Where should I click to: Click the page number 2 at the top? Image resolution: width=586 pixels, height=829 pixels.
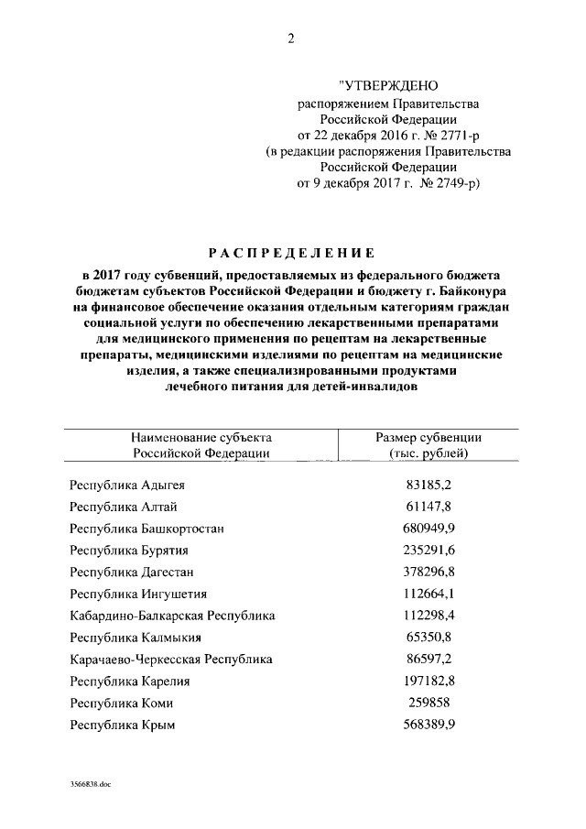point(292,38)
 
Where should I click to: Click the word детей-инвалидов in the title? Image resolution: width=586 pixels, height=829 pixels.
point(369,387)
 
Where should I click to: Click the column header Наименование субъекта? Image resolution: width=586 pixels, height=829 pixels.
point(201,437)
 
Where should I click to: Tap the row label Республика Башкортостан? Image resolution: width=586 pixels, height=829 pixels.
point(147,529)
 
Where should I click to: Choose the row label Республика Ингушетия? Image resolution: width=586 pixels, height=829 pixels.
point(138,594)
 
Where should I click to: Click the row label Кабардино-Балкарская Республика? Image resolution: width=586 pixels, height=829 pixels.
point(172,616)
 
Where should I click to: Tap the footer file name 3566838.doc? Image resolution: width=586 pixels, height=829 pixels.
point(89,785)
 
